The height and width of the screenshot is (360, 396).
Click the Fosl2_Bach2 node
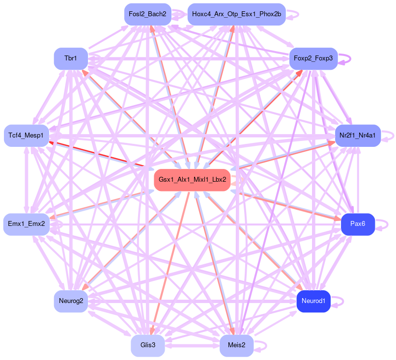tap(147, 15)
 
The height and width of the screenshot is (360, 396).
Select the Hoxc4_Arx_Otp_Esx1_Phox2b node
tap(237, 15)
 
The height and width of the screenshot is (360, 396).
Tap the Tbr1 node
tap(71, 58)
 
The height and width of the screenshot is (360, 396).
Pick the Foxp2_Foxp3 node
tap(313, 58)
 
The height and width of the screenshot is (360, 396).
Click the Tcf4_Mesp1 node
tap(26, 135)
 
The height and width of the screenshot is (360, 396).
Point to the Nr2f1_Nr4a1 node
tap(357, 135)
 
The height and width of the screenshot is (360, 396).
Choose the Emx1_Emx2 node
tap(26, 224)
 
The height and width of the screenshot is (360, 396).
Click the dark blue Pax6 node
tap(357, 224)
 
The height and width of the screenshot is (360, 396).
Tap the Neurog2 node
tap(71, 301)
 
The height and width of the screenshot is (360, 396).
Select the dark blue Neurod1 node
tap(313, 301)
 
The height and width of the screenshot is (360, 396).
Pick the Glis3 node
tap(147, 345)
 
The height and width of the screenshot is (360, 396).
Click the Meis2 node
tap(236, 345)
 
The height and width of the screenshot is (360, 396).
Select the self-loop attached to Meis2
tap(265, 345)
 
